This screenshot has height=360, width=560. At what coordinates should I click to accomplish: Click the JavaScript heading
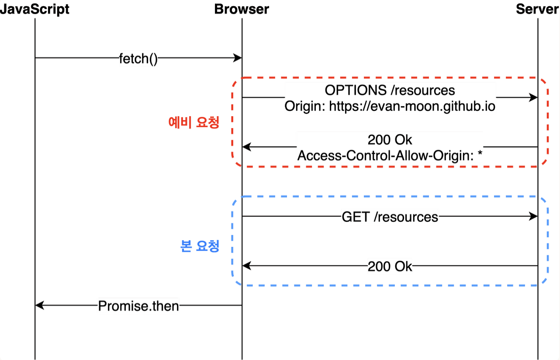tap(35, 9)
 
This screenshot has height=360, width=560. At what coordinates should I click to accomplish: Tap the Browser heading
tap(242, 9)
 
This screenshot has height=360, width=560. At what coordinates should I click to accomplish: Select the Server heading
tap(537, 9)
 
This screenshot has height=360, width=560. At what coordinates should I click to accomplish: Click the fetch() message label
tap(138, 59)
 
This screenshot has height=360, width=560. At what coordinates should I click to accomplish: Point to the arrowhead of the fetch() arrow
tap(238, 58)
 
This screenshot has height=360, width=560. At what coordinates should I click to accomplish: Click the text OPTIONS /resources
tap(390, 90)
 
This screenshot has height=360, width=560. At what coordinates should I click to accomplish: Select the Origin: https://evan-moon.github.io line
tap(390, 106)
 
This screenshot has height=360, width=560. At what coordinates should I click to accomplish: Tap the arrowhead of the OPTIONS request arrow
tap(534, 97)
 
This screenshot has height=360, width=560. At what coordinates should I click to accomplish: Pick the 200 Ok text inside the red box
tap(390, 140)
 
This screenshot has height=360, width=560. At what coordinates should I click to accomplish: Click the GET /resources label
tap(390, 217)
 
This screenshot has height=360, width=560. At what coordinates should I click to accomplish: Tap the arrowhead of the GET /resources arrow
tap(534, 216)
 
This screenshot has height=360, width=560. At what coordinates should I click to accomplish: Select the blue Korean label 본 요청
tap(199, 246)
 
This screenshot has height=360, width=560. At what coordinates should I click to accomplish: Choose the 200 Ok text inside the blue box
tap(390, 266)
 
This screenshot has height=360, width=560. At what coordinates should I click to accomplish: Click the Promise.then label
tap(138, 306)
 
